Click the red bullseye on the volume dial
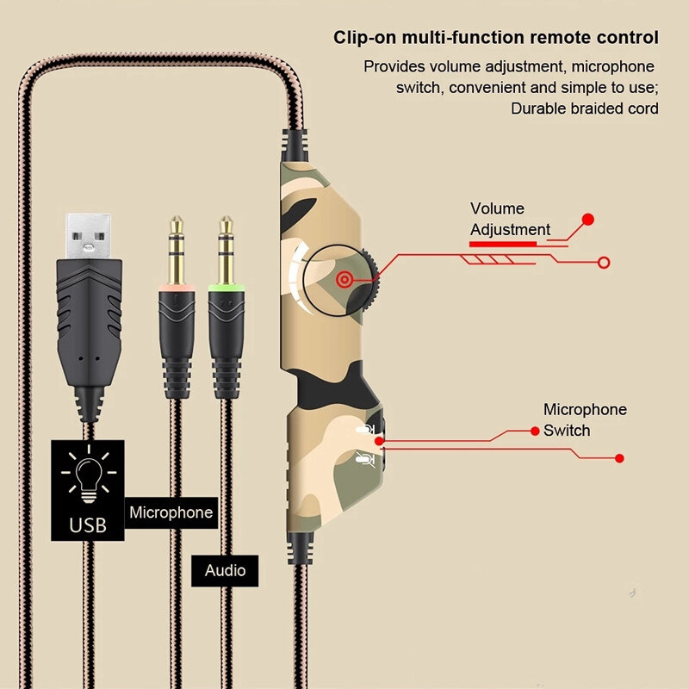click(344, 279)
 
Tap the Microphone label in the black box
click(171, 512)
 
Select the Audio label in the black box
click(225, 570)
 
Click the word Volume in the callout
click(497, 208)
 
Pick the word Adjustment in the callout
click(510, 229)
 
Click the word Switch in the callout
click(567, 430)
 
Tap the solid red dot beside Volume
click(588, 220)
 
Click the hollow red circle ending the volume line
click(604, 263)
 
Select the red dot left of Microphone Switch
click(536, 430)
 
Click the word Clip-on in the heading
click(363, 38)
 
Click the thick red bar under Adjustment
click(502, 244)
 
